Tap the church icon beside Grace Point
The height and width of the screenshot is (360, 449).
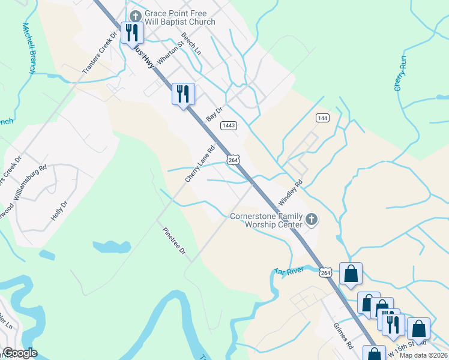point(135,14)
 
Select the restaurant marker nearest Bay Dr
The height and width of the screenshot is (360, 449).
point(184,94)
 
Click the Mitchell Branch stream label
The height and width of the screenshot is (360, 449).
point(28,49)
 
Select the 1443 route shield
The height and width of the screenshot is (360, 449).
point(228,125)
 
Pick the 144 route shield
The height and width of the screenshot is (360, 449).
point(323,118)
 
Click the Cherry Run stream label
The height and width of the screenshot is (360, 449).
point(400,75)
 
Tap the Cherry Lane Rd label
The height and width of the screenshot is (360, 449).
point(200,165)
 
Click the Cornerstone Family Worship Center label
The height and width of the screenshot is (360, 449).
point(267,220)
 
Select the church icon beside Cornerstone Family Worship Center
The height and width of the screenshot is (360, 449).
point(311,220)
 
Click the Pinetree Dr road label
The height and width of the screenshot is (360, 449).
point(174,241)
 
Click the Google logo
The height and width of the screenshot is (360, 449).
point(20,353)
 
